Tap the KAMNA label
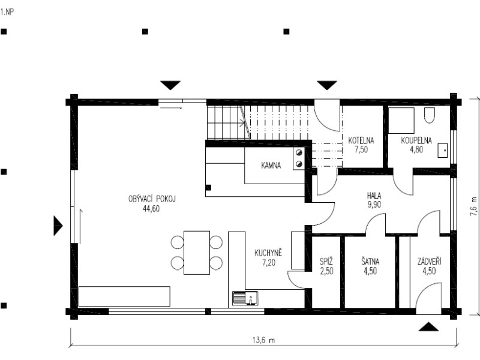(x=271, y=166)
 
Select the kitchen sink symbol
(x=245, y=298)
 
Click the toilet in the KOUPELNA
(x=429, y=115)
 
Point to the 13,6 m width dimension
(x=263, y=340)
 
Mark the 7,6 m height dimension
(x=474, y=206)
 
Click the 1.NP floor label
(x=7, y=12)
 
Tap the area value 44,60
(x=151, y=209)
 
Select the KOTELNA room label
(x=361, y=140)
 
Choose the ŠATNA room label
(x=370, y=262)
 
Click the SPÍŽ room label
(x=326, y=262)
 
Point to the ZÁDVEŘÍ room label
(x=429, y=261)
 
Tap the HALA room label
(x=374, y=196)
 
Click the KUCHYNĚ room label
(x=268, y=253)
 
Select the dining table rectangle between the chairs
(x=197, y=253)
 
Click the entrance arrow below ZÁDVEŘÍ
(x=428, y=327)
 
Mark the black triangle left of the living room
(x=58, y=226)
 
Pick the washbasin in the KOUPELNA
(x=442, y=151)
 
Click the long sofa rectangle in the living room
(x=124, y=296)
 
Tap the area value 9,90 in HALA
(x=374, y=205)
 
